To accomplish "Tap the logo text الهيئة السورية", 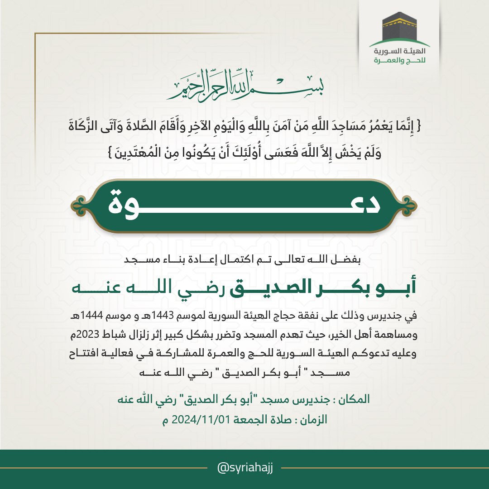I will pos(399,52).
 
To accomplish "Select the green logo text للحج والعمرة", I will pos(399,61).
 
